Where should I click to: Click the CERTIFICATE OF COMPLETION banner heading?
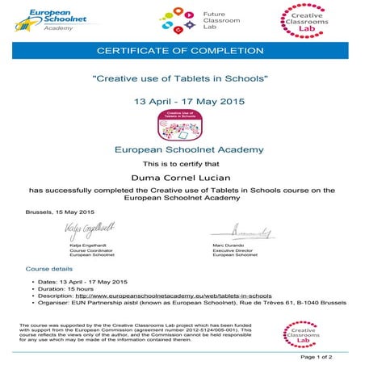point(182,52)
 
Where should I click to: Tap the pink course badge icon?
point(182,125)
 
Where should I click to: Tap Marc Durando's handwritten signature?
point(247,233)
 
